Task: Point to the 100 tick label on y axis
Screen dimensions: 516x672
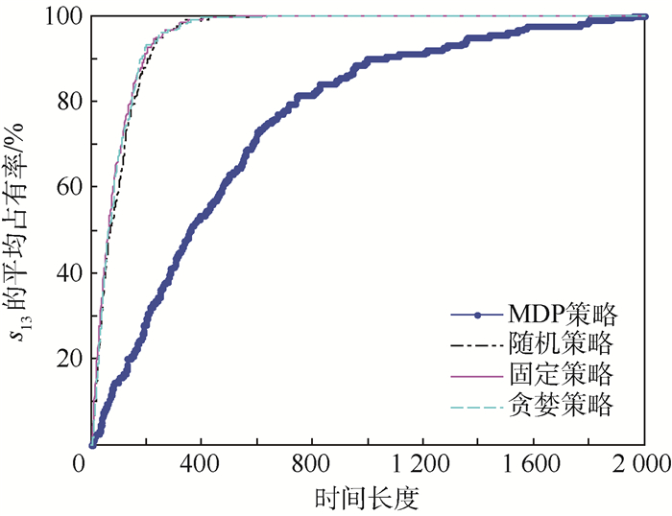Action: pyautogui.click(x=65, y=16)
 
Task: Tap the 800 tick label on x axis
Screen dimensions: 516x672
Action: pyautogui.click(x=313, y=462)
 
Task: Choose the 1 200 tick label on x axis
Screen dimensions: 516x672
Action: pyautogui.click(x=423, y=462)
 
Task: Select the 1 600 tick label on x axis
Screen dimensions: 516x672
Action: pyautogui.click(x=534, y=462)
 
